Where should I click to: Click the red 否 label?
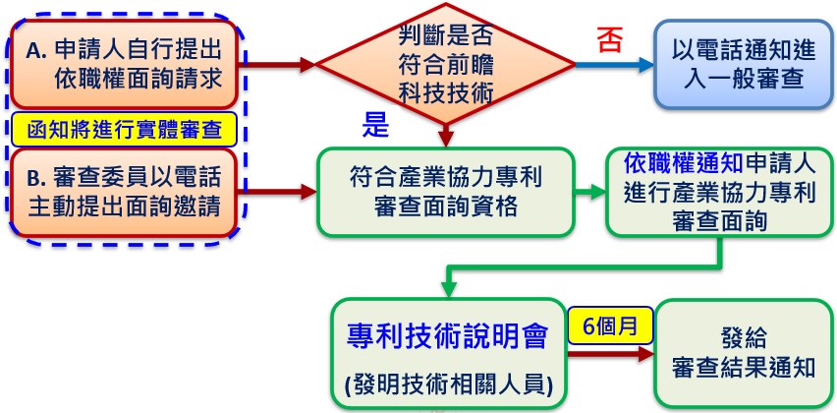coord(610,40)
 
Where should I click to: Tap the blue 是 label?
coord(376,125)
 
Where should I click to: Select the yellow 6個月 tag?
coord(611,325)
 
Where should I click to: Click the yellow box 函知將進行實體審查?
coord(124,129)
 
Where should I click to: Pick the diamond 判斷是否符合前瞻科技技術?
coord(445,64)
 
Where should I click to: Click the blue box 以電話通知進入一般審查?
coord(744,65)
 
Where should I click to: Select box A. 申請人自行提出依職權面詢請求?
coord(124,64)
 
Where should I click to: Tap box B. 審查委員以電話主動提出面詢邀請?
coord(124,193)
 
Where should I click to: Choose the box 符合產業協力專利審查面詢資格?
coord(446,193)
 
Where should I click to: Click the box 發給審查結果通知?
coord(744,353)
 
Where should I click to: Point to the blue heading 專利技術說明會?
coord(447,336)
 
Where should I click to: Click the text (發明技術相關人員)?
coord(447,383)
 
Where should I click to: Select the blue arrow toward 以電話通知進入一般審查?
coord(615,65)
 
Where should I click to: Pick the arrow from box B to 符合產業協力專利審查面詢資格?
coord(278,192)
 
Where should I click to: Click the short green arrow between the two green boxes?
coord(590,193)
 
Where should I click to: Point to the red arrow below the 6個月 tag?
coord(611,354)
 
